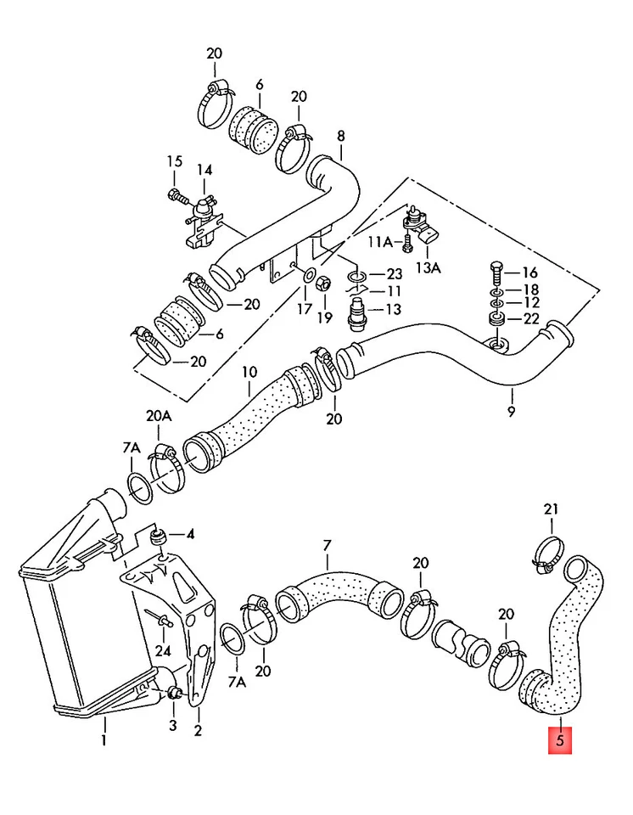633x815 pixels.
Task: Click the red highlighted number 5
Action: point(560,740)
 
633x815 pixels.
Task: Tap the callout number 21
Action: point(551,509)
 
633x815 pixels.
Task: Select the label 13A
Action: point(429,268)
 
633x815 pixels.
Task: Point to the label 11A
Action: point(380,242)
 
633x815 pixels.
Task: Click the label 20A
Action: point(159,416)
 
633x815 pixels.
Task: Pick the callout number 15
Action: point(175,161)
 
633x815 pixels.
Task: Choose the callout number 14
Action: point(204,170)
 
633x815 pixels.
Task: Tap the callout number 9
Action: point(512,413)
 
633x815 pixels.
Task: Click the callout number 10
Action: point(249,372)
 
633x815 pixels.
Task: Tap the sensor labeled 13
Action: point(356,313)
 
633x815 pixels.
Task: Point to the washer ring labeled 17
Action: point(309,274)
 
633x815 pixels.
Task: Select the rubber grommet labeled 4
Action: point(159,536)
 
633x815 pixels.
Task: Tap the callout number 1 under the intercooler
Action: point(104,739)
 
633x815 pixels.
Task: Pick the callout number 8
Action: point(341,136)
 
